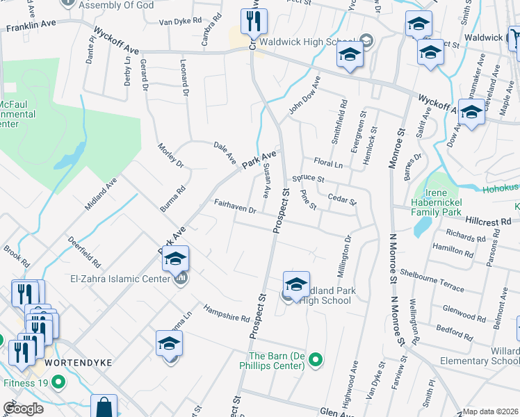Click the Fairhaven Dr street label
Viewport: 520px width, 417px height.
point(236,206)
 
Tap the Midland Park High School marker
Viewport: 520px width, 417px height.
point(296,286)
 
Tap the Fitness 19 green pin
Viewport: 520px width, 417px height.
point(58,382)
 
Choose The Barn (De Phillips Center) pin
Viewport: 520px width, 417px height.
point(316,359)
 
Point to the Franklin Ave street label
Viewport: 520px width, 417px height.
point(31,27)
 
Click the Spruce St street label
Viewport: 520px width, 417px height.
point(309,178)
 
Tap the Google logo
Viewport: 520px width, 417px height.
point(22,409)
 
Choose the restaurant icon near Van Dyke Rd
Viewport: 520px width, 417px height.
point(250,22)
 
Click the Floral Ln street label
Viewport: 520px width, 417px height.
point(329,163)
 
